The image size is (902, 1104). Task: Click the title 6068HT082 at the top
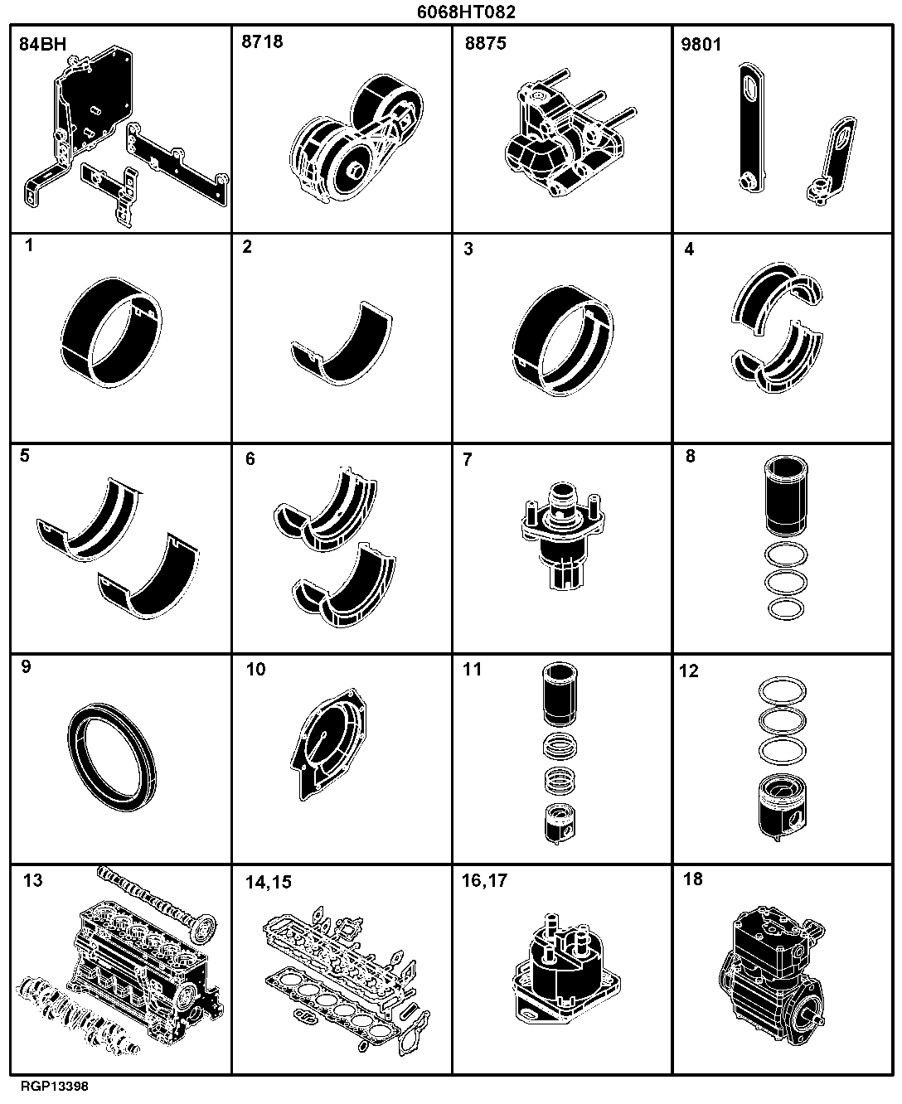[466, 12]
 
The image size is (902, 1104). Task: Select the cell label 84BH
[43, 44]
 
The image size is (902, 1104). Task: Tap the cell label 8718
[262, 41]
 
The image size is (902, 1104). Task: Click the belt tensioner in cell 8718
[356, 138]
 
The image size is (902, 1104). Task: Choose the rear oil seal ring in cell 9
[112, 757]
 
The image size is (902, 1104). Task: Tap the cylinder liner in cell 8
[786, 496]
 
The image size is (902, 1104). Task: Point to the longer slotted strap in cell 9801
[752, 128]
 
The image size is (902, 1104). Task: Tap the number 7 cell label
[468, 460]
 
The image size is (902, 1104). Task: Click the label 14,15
[268, 882]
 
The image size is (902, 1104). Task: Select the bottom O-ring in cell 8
[786, 609]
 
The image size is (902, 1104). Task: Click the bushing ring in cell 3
[563, 341]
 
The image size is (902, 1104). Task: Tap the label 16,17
[484, 880]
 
